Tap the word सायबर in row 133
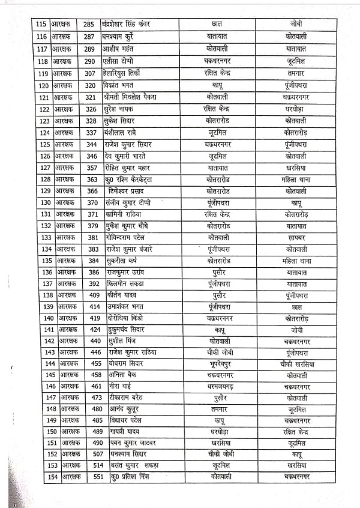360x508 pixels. click(x=296, y=238)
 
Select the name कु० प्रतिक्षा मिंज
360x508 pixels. click(x=129, y=477)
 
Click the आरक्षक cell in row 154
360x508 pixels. click(x=70, y=477)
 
